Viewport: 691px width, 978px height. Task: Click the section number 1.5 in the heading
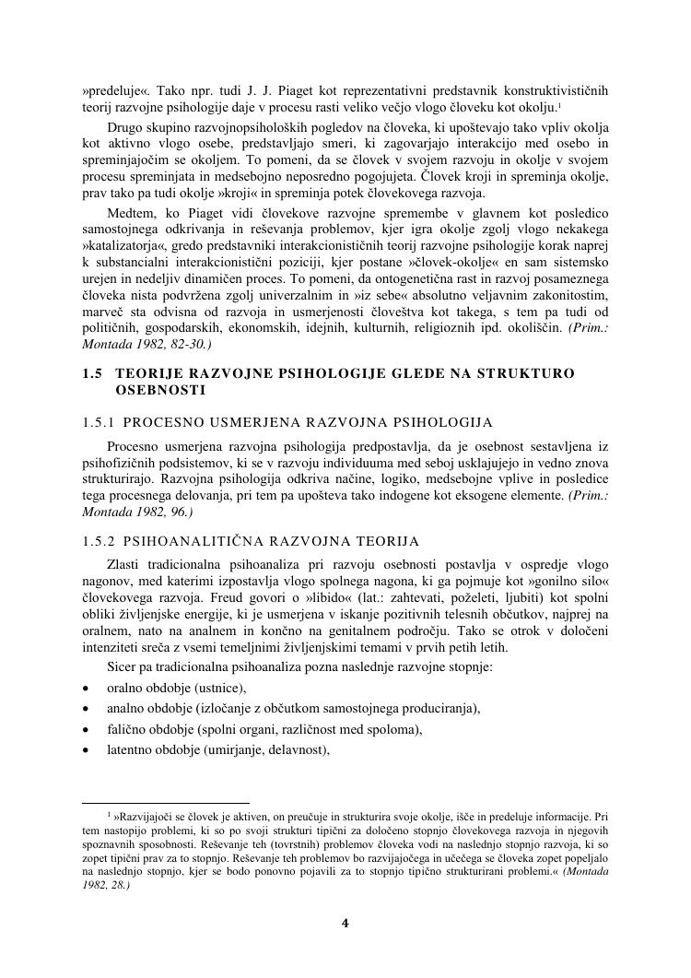pos(92,373)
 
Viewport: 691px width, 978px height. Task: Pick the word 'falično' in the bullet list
pos(128,730)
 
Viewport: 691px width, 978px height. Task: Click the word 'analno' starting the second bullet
pos(127,709)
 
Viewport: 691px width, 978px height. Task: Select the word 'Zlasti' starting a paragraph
pos(124,563)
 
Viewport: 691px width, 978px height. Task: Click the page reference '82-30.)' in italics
pos(190,343)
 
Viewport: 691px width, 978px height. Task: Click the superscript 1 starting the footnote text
pos(110,815)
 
